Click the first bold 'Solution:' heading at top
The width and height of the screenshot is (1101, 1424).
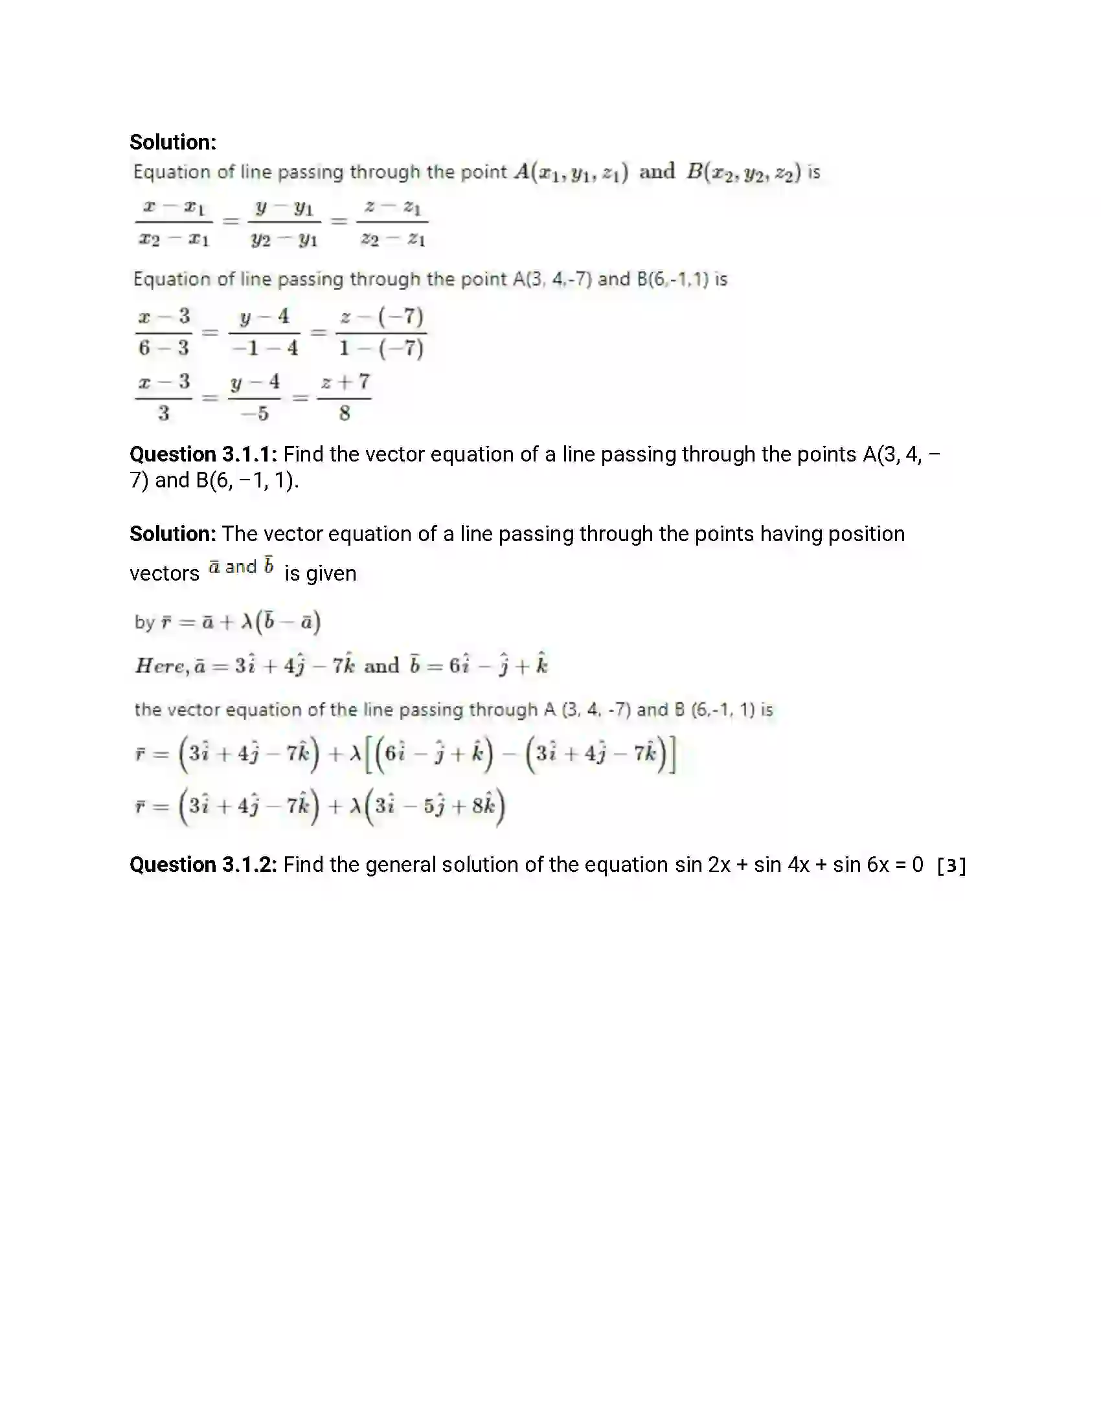[173, 142]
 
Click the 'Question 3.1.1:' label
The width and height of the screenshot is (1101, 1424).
[203, 454]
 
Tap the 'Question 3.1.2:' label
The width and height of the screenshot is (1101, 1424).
[203, 865]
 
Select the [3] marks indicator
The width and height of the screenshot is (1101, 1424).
[951, 866]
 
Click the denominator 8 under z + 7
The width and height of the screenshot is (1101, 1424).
[345, 414]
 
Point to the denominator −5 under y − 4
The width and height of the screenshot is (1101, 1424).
[255, 414]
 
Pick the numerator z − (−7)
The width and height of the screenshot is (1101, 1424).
[381, 317]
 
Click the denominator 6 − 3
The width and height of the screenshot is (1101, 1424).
[163, 348]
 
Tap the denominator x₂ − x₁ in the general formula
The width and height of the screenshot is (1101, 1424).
[174, 240]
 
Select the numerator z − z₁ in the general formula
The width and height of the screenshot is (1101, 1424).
[392, 207]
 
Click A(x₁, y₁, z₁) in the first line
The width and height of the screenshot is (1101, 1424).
[571, 172]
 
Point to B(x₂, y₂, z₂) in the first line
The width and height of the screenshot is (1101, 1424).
[743, 172]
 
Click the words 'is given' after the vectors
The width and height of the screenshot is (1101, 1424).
[320, 573]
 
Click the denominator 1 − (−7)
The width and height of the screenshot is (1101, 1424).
[381, 348]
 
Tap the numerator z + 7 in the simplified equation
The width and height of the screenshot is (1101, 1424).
[345, 382]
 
